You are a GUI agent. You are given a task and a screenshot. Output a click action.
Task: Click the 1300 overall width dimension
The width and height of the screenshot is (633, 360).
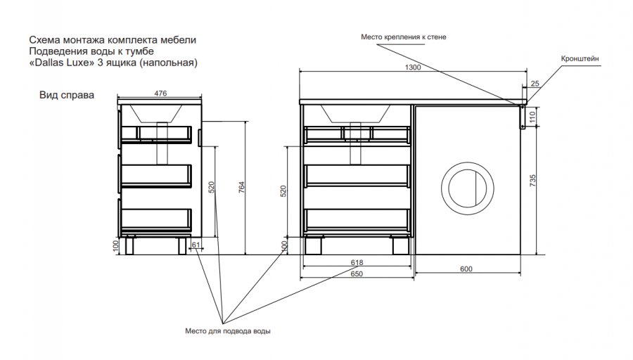click(413, 67)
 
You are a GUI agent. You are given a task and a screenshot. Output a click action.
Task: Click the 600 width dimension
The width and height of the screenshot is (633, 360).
click(466, 269)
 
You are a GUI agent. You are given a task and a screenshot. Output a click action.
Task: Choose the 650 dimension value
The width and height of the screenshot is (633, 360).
click(357, 274)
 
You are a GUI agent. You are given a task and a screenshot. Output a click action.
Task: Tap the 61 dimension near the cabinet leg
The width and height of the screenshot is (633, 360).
click(196, 245)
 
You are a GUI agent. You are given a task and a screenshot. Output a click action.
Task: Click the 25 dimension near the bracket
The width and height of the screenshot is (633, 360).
click(535, 84)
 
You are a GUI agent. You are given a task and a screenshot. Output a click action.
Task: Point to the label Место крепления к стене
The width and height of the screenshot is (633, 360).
click(403, 37)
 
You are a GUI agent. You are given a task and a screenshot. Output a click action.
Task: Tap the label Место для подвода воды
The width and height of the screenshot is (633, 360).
click(228, 330)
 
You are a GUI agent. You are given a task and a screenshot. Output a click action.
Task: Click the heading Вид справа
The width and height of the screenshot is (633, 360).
click(67, 95)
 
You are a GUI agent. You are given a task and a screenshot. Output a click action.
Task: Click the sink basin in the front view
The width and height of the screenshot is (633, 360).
click(356, 112)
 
